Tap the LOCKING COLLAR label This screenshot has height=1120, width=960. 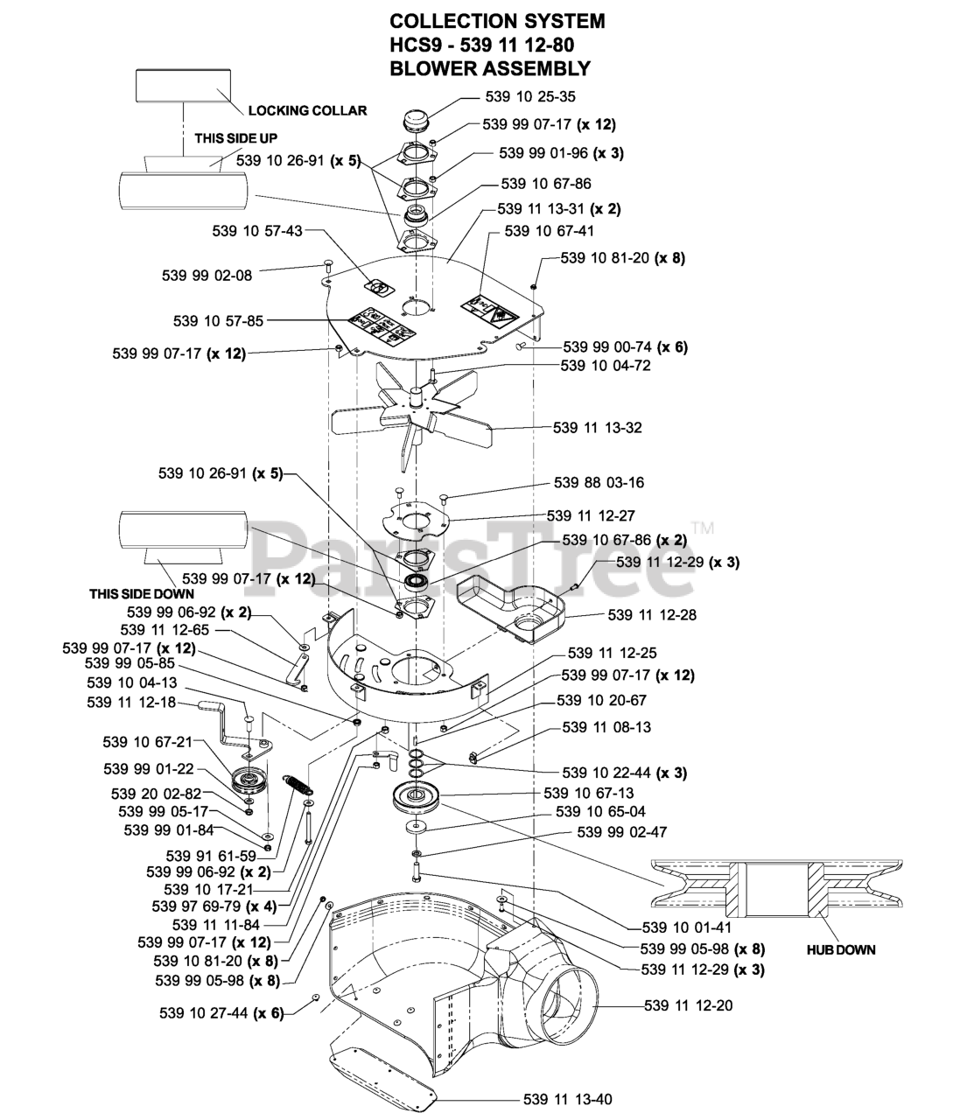pyautogui.click(x=307, y=111)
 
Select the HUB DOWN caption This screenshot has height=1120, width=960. pyautogui.click(x=840, y=949)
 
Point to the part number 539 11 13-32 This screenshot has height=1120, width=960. pyautogui.click(x=598, y=428)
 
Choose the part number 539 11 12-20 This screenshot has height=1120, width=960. pyautogui.click(x=688, y=1005)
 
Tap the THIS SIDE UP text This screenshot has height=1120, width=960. pyautogui.click(x=235, y=138)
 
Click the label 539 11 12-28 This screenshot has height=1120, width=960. pyautogui.click(x=652, y=615)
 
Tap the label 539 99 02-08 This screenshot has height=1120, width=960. pyautogui.click(x=207, y=275)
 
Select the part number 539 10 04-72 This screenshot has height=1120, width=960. pyautogui.click(x=606, y=366)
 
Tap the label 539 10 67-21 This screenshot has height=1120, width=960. pyautogui.click(x=147, y=743)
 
